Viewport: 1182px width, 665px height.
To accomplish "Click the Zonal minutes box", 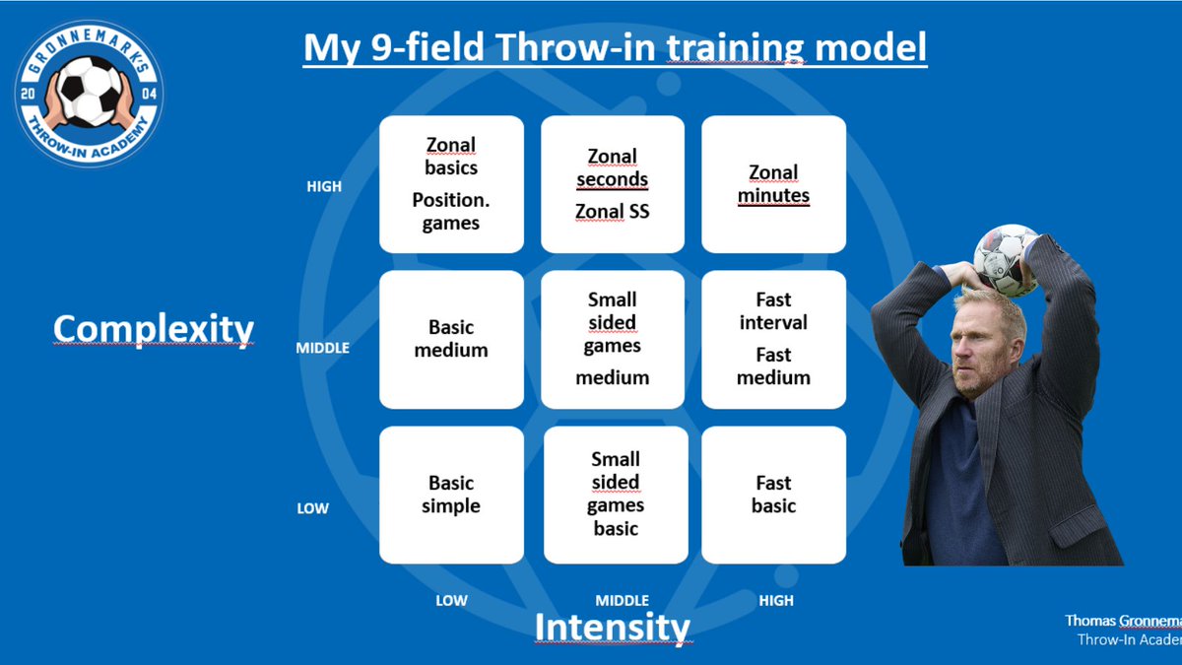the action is coord(773,184).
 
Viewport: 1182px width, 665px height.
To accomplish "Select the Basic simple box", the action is coord(451,495).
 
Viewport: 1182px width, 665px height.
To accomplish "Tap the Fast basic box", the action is coord(773,495).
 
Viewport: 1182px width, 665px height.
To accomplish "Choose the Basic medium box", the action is coord(451,339).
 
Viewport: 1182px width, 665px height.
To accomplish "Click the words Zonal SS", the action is coord(612,212).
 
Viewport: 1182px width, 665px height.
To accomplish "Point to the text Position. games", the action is coord(451,211).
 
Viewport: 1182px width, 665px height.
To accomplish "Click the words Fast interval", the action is coord(773,311).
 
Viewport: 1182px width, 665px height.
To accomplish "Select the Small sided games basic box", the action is coord(616,495).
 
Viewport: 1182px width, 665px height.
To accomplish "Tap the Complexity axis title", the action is coord(153,330).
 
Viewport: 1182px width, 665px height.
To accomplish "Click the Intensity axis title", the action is coord(612,627).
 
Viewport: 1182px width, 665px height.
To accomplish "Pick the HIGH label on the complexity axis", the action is coord(324,186).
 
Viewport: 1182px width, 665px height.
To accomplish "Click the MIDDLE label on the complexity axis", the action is coord(322,348).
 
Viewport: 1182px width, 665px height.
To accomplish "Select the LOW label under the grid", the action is coord(451,600).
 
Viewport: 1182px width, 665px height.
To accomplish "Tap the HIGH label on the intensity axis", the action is coord(776,600).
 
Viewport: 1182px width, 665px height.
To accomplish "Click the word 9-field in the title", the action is coord(427,47).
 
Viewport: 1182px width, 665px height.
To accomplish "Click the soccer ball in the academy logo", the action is coord(89,92).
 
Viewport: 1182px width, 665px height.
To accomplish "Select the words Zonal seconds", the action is coord(612,167).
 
